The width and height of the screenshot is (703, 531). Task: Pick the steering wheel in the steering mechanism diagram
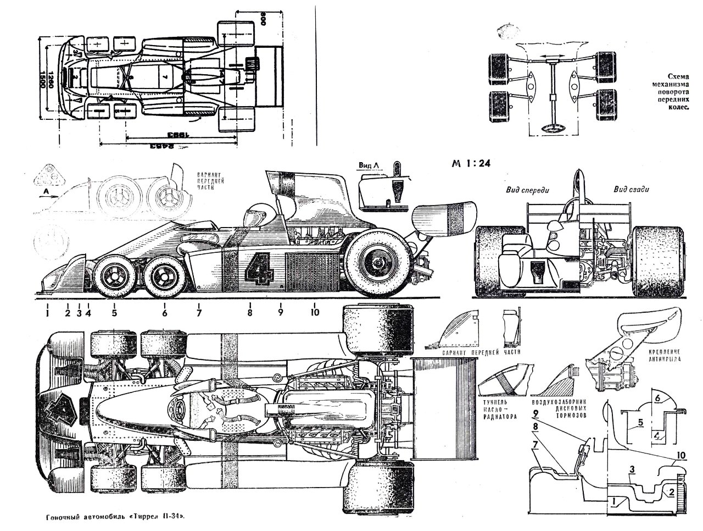click(x=552, y=129)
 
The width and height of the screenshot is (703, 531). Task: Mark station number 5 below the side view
click(x=114, y=313)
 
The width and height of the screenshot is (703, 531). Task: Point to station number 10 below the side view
click(x=314, y=313)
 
